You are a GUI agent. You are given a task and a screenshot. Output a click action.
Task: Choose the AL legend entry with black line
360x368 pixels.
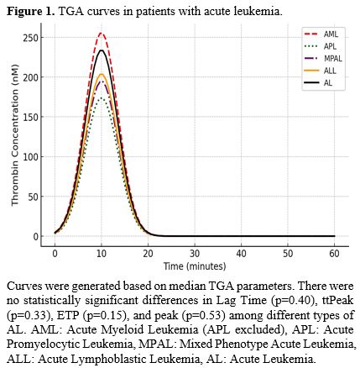pos(321,82)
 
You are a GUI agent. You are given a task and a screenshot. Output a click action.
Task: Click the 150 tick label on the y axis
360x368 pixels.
pos(31,118)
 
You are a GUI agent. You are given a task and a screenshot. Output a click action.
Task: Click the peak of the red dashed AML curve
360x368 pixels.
pos(101,34)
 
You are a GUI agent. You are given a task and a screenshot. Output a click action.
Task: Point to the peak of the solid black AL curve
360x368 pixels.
pos(101,50)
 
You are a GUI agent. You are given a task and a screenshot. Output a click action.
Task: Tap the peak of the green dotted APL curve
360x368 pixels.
pos(102,97)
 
